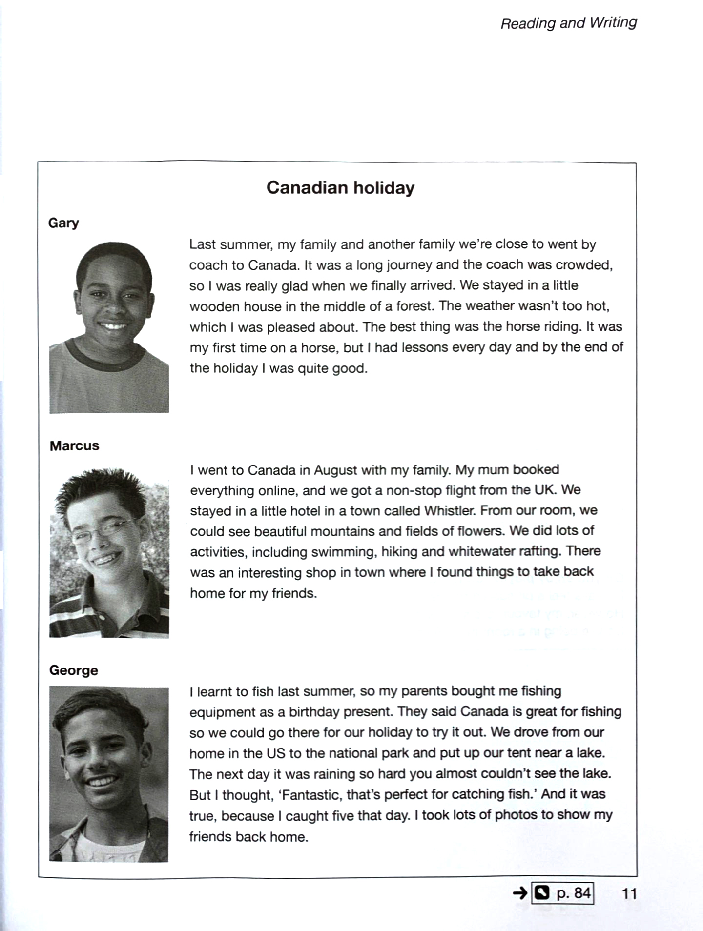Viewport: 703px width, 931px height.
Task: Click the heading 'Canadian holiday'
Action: pyautogui.click(x=340, y=188)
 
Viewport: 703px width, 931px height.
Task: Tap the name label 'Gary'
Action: pyautogui.click(x=63, y=223)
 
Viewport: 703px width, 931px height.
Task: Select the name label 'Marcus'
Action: pyautogui.click(x=74, y=446)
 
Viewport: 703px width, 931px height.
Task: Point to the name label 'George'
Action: pyautogui.click(x=74, y=670)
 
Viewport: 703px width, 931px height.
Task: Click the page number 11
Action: pyautogui.click(x=629, y=893)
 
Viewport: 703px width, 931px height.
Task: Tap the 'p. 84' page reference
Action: pyautogui.click(x=574, y=893)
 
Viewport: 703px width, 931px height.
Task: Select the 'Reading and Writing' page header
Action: pyautogui.click(x=569, y=23)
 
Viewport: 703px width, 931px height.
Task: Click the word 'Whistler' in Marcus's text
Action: pyautogui.click(x=449, y=511)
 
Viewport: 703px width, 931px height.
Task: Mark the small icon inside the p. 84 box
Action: pyautogui.click(x=542, y=893)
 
